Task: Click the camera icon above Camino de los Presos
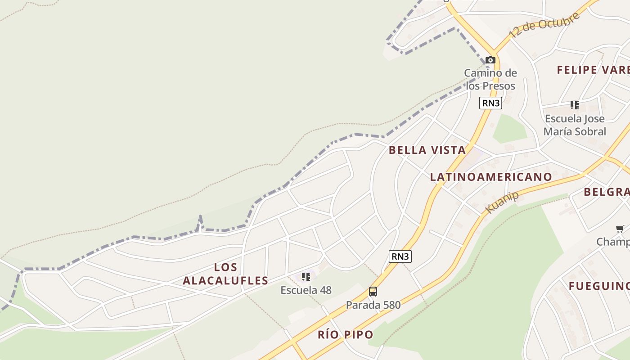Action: pyautogui.click(x=490, y=60)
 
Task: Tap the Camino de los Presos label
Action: pyautogui.click(x=490, y=79)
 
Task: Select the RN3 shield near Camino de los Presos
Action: pyautogui.click(x=490, y=103)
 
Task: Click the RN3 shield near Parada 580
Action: pyautogui.click(x=400, y=256)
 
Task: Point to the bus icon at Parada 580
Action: pyautogui.click(x=373, y=292)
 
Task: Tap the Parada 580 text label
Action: pyautogui.click(x=373, y=305)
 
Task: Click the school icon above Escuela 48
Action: pyautogui.click(x=306, y=277)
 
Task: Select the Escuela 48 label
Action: pyautogui.click(x=306, y=290)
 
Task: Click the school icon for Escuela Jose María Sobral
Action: pyautogui.click(x=575, y=105)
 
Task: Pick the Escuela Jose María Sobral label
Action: pyautogui.click(x=575, y=125)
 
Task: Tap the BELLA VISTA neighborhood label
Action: pyautogui.click(x=427, y=150)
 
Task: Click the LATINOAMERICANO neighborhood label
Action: pyautogui.click(x=491, y=177)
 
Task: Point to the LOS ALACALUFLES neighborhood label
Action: pyautogui.click(x=225, y=274)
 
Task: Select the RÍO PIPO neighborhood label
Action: pyautogui.click(x=346, y=335)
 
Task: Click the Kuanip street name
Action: pyautogui.click(x=503, y=202)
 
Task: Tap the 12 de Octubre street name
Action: pyautogui.click(x=544, y=26)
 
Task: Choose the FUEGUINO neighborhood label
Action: pyautogui.click(x=598, y=286)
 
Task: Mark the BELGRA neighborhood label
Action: pyautogui.click(x=606, y=192)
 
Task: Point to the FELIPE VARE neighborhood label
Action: pyautogui.click(x=593, y=70)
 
